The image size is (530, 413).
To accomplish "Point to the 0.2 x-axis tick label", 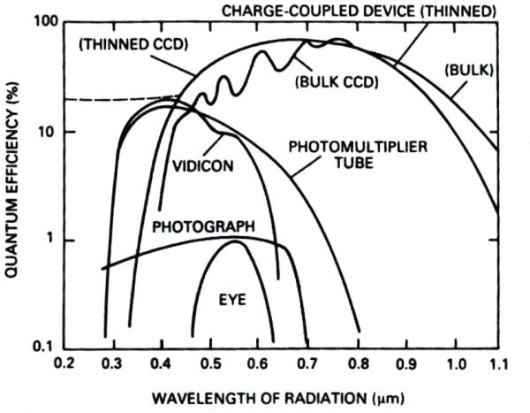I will (64, 363).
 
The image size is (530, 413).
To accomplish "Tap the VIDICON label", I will (199, 165).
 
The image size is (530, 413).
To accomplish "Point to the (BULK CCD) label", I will (335, 82).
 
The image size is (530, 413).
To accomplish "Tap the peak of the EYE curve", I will (237, 242).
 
